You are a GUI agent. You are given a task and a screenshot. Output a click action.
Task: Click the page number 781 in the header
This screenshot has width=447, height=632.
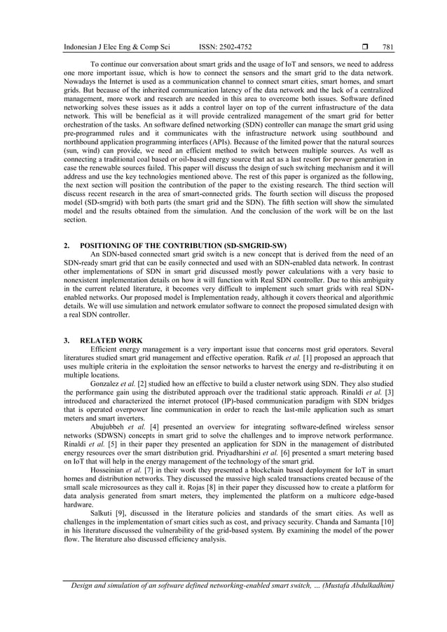387,47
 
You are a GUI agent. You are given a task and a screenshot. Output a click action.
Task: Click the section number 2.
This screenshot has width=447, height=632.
65,246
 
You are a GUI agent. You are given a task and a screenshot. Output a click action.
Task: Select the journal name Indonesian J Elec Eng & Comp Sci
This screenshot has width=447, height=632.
118,47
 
